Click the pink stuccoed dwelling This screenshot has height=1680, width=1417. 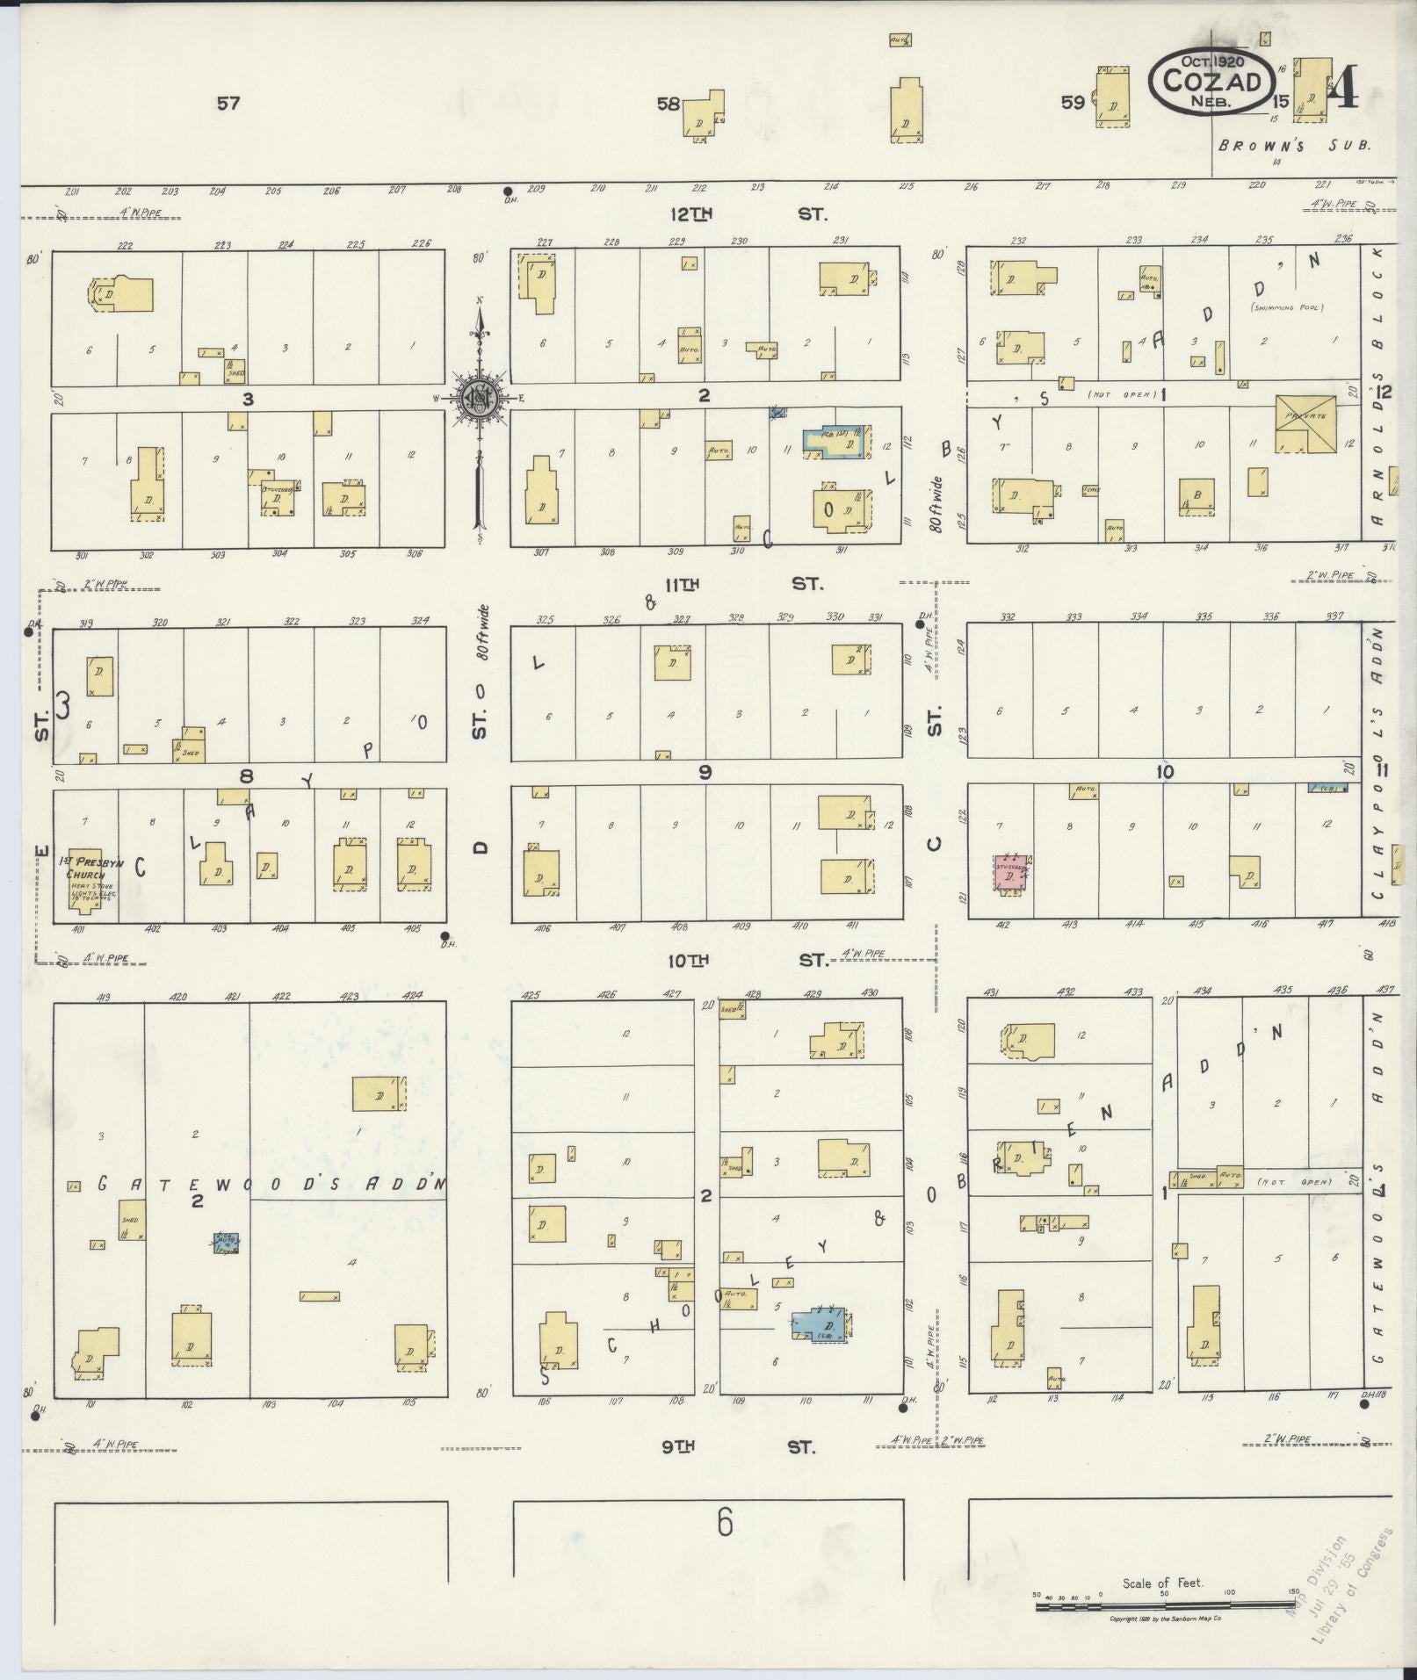pos(1012,874)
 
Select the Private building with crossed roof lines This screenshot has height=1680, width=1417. pos(1305,424)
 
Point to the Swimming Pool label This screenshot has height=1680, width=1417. pos(1287,306)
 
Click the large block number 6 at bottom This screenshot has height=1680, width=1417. pos(724,1522)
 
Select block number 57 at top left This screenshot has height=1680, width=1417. pos(228,104)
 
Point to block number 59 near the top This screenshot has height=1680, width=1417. pos(1072,102)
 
